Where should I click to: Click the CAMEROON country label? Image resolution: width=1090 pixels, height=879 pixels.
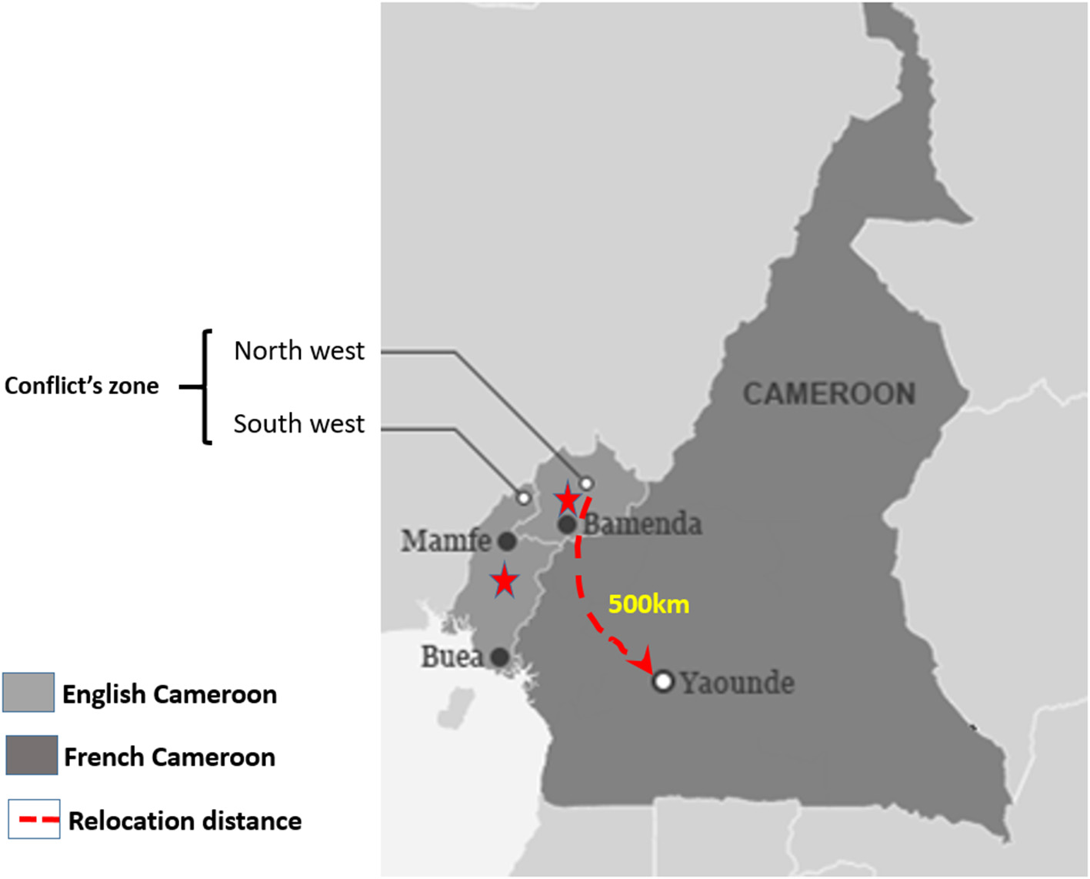coord(828,394)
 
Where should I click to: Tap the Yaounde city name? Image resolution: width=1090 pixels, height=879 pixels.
coord(737,683)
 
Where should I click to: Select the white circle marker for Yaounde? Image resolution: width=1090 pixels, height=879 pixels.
coord(663,681)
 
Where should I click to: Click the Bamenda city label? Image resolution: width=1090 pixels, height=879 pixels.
coord(642,524)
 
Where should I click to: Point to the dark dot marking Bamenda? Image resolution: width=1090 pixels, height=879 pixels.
coord(567,525)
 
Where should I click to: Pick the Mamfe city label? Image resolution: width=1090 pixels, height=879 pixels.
coord(445,540)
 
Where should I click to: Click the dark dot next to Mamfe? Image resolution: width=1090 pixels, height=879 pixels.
coord(506,541)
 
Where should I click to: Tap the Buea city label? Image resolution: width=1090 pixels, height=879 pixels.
coord(452,657)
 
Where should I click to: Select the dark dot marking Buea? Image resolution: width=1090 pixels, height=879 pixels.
coord(499,657)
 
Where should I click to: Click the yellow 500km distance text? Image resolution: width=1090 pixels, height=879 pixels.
coord(648,604)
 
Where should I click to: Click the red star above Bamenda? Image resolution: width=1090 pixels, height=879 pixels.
coord(567,500)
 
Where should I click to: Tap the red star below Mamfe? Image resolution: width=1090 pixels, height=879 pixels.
coord(504,580)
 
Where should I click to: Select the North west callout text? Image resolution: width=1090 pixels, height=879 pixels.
coord(298,351)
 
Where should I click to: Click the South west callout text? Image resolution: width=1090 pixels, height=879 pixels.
coord(298,424)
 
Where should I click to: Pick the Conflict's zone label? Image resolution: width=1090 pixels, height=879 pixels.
coord(82,386)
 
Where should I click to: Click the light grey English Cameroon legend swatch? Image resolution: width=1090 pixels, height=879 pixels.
coord(28,692)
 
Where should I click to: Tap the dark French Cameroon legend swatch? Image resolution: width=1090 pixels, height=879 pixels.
coord(32,755)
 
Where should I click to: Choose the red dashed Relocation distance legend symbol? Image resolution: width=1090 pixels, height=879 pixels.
coord(35,820)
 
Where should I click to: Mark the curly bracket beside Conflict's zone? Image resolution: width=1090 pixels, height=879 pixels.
coord(205,386)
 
